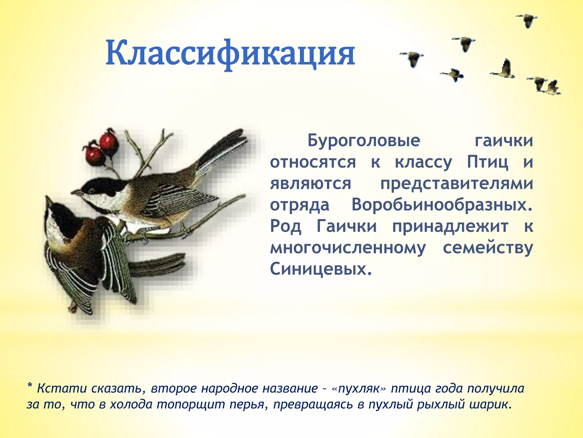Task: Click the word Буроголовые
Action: (x=364, y=141)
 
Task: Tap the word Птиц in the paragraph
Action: (x=487, y=162)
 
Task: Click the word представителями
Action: (x=456, y=183)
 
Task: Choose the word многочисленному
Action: (x=348, y=248)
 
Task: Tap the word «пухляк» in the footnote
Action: (x=359, y=388)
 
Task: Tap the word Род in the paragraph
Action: (x=285, y=226)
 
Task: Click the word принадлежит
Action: (x=450, y=226)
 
